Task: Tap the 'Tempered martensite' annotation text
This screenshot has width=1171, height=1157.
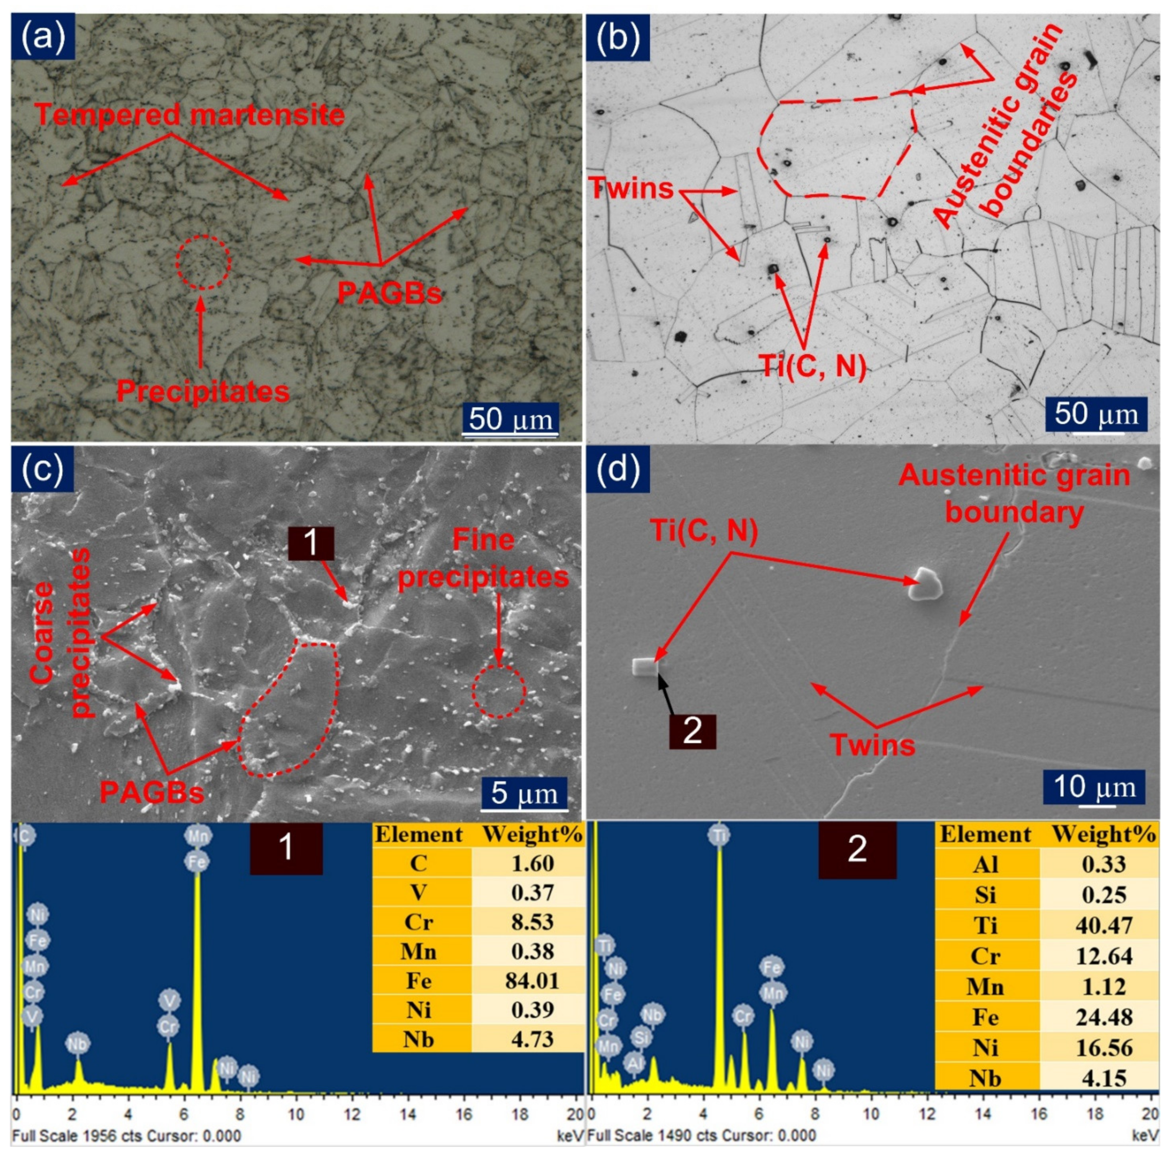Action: pos(190,115)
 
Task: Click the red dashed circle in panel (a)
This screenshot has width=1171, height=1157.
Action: pos(203,262)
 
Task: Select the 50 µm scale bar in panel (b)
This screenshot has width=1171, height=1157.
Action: pos(1095,414)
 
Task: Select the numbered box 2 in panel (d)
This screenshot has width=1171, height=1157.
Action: pos(692,731)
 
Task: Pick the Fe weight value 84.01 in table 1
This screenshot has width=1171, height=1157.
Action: pos(532,981)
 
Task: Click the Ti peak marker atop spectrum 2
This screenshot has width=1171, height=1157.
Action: pos(719,836)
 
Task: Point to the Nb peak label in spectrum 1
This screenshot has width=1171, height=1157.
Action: pos(78,1044)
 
